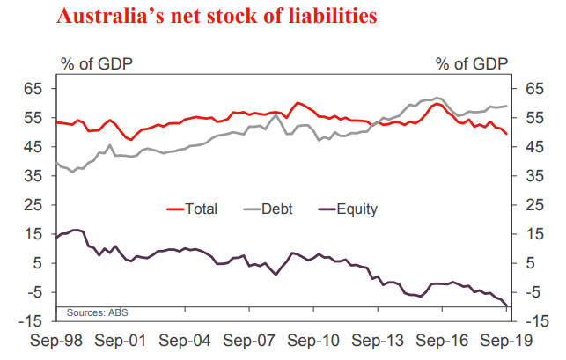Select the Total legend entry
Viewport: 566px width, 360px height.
[x=201, y=209]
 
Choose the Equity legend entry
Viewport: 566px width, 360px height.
[x=360, y=209]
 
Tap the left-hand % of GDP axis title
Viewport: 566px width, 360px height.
[x=94, y=62]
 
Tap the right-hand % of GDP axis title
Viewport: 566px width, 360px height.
[x=472, y=62]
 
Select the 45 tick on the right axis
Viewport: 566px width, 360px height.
[x=533, y=147]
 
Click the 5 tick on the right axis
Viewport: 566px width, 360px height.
[x=530, y=263]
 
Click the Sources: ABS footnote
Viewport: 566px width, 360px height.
[x=92, y=312]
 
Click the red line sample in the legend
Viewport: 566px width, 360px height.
[x=175, y=209]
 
